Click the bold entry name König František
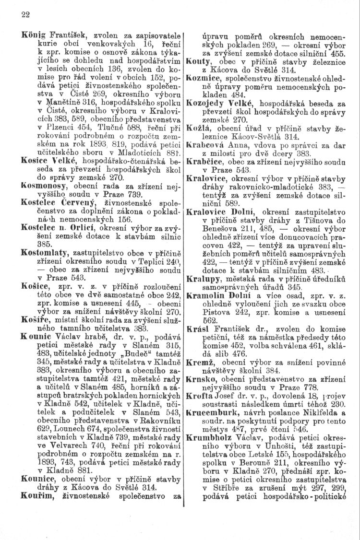[x=53, y=35]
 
